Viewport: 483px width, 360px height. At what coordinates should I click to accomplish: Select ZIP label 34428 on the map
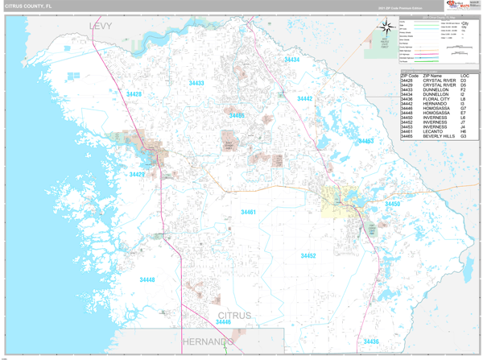[134, 94]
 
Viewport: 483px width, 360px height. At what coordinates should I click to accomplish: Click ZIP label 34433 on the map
[196, 83]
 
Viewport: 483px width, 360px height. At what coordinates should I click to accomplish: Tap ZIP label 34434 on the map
[291, 60]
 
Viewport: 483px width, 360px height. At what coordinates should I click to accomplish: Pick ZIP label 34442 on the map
[304, 98]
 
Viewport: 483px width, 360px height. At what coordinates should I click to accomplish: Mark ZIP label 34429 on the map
[137, 174]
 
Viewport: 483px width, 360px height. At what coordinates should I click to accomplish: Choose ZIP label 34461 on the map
[248, 212]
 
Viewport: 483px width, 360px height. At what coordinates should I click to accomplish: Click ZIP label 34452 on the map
[308, 255]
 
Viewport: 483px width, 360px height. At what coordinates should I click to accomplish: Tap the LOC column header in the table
[464, 76]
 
